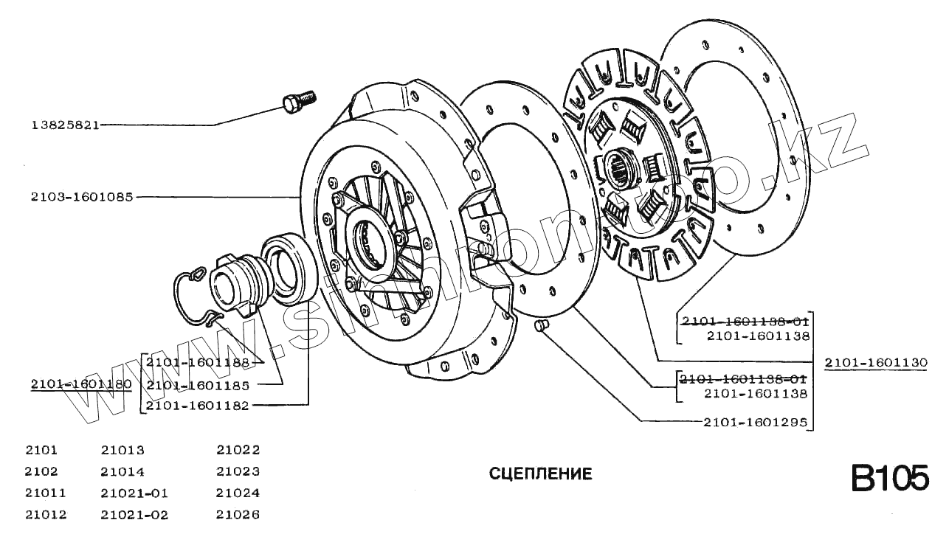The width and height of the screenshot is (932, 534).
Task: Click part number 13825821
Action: [65, 125]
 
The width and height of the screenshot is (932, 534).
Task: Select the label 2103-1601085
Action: [82, 197]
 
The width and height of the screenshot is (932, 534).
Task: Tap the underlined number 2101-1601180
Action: [81, 384]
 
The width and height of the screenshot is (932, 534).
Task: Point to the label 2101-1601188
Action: [198, 362]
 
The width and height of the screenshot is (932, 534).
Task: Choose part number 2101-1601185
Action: [198, 384]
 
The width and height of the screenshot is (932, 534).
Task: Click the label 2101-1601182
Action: [198, 405]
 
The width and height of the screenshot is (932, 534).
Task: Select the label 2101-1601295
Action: [755, 423]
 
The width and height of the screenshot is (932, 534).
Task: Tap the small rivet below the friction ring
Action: [540, 325]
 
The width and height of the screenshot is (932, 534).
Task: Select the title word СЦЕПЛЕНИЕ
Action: [540, 474]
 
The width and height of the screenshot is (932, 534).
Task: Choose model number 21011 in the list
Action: [45, 493]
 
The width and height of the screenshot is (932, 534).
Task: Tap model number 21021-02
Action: [134, 515]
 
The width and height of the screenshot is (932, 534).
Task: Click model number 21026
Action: [238, 515]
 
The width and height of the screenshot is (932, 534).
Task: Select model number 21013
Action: [122, 450]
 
